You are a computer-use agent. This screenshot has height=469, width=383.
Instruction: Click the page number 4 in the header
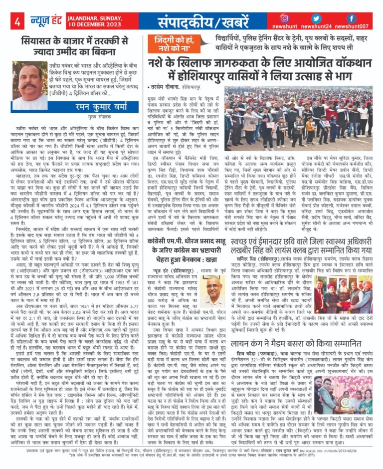pyautogui.click(x=16, y=22)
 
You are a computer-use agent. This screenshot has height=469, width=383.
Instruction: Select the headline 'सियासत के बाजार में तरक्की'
pyautogui.click(x=75, y=45)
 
